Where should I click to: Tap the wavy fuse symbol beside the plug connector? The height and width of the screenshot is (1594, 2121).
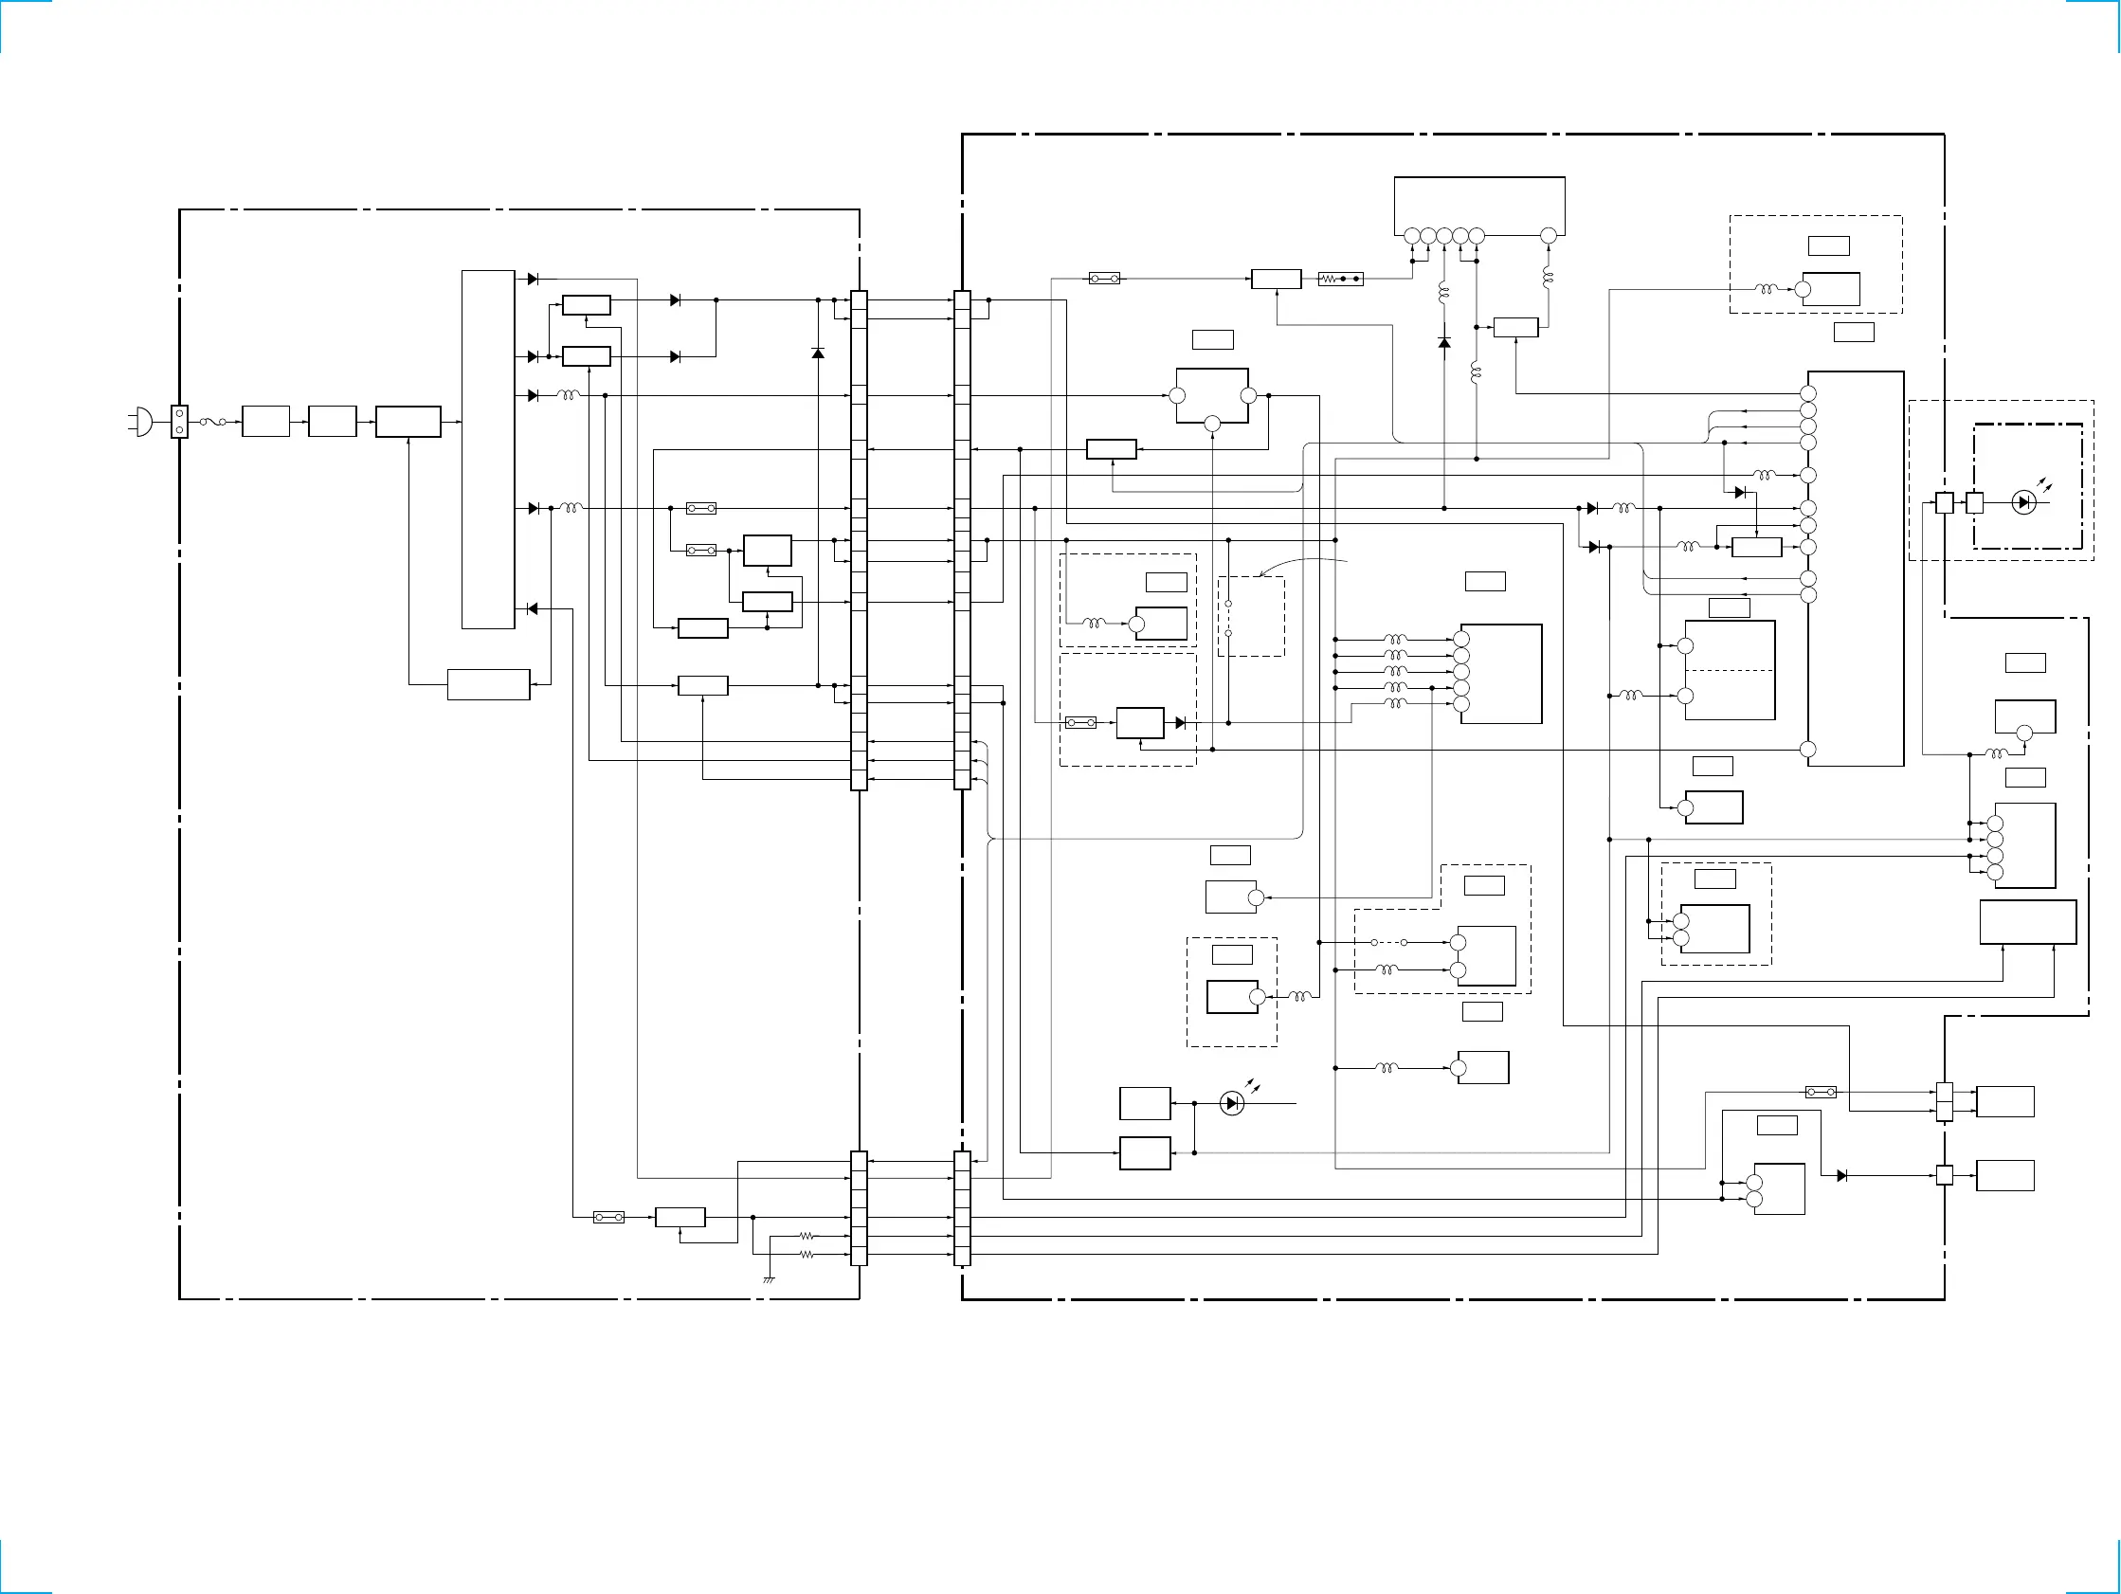tap(213, 421)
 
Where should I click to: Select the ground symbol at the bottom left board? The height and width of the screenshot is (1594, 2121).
tap(769, 1279)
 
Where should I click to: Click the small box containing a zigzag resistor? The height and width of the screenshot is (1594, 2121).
tap(1340, 280)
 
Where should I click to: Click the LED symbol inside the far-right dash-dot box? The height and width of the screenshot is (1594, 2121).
tap(2023, 501)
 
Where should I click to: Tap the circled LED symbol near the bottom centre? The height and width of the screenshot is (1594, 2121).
tap(1232, 1104)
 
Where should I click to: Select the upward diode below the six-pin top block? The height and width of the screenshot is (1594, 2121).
tap(1444, 342)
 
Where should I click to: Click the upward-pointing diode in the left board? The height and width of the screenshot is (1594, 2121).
tap(818, 353)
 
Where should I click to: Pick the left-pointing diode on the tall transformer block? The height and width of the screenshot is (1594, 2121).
tap(533, 609)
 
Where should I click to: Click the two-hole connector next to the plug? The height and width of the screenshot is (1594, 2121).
tap(179, 421)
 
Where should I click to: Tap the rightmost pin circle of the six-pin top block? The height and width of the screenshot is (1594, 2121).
tap(1548, 236)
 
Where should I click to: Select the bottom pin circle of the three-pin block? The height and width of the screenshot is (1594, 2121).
tap(1212, 423)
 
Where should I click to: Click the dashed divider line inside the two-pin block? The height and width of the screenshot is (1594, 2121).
tap(1730, 670)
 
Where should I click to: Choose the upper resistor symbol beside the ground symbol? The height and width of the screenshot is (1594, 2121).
tap(807, 1237)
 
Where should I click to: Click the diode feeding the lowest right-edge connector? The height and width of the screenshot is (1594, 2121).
tap(1841, 1176)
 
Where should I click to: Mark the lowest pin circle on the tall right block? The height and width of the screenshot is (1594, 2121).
tap(1808, 750)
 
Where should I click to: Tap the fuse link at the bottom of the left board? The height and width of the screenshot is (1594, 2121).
tap(608, 1217)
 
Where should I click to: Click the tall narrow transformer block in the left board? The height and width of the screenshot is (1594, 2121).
tap(488, 449)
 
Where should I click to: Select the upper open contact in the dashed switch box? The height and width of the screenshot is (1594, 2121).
tap(1228, 605)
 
